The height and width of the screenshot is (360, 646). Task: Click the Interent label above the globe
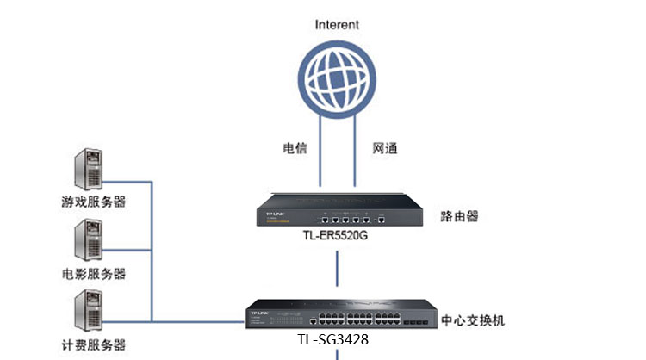pyautogui.click(x=337, y=25)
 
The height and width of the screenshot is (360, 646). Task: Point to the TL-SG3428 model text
pyautogui.click(x=335, y=341)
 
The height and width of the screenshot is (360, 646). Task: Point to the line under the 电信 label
pyautogui.click(x=320, y=164)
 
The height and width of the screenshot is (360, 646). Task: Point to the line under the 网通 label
pyautogui.click(x=356, y=164)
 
